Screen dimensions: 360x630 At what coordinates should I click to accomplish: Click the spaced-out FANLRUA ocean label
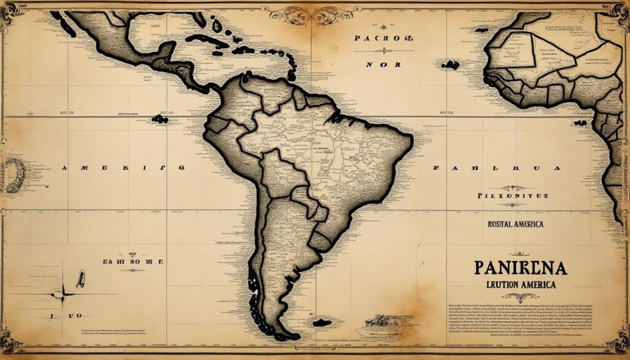497,167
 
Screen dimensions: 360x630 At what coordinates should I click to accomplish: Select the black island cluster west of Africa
451,65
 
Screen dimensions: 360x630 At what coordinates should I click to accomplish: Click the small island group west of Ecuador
160,119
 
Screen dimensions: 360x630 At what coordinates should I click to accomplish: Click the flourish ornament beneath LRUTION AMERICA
519,297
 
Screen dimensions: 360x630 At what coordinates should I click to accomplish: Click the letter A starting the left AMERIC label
66,167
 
